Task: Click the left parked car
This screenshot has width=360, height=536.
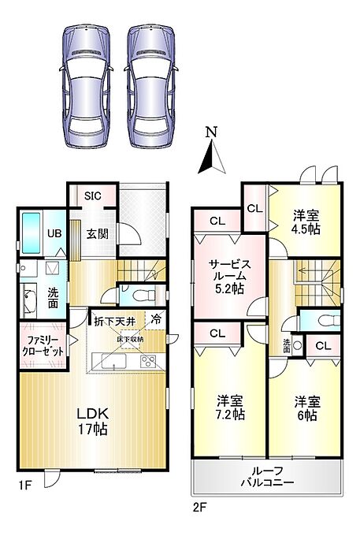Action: coord(86,87)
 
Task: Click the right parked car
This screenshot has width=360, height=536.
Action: coord(151,87)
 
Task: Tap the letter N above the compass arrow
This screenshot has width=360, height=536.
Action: coord(212,132)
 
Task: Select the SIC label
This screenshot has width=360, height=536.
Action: coord(93,195)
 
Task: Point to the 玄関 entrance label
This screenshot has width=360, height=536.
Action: coord(98,234)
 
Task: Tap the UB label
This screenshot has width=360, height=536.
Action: coord(54,233)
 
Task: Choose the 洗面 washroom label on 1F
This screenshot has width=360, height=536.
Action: coord(53,298)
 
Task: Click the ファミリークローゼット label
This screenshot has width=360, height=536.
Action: coord(43,346)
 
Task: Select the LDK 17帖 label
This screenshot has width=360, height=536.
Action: coord(92,421)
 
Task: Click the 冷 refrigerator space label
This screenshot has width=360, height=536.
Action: coord(156,319)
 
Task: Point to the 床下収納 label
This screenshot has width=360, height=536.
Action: coord(130,340)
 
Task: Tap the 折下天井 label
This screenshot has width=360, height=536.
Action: coord(115,322)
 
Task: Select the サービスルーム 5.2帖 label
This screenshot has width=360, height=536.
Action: coord(230,277)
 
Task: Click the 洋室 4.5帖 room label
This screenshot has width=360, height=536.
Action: coord(306,222)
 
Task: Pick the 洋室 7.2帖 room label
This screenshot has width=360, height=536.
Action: coord(230,408)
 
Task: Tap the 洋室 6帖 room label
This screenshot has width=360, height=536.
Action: coord(307,408)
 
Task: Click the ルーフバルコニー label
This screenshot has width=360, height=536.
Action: coord(267,476)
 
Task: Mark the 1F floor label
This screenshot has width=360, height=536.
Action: coord(25,485)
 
